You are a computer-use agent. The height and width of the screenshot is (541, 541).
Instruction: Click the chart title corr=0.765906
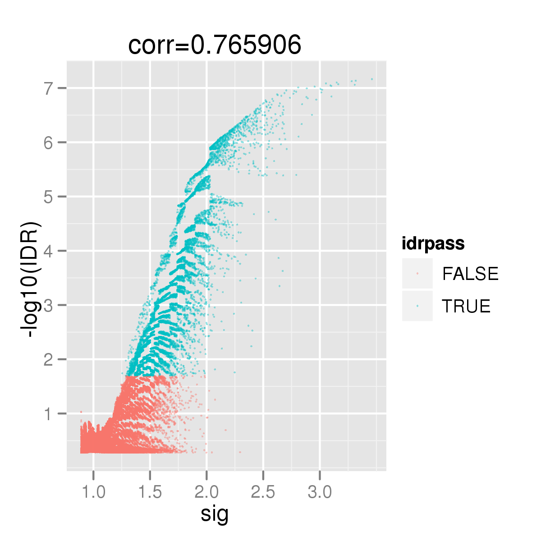click(x=215, y=45)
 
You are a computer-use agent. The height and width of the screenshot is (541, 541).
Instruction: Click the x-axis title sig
click(x=215, y=514)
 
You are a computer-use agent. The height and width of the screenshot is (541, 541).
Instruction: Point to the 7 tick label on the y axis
click(x=49, y=88)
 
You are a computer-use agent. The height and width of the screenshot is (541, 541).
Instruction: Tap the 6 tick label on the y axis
click(x=49, y=142)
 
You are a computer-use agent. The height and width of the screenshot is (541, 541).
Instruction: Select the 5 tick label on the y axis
click(x=49, y=197)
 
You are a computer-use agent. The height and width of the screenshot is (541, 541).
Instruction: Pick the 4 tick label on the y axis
click(x=49, y=251)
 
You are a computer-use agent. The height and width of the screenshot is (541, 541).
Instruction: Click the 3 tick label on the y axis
click(x=49, y=305)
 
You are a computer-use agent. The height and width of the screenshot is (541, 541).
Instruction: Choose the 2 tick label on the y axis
click(x=49, y=360)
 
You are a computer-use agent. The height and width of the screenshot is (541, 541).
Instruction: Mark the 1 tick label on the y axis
click(x=49, y=414)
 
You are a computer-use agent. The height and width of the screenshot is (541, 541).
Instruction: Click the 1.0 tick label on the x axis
click(x=94, y=492)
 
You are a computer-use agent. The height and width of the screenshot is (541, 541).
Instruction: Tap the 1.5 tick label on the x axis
click(x=150, y=492)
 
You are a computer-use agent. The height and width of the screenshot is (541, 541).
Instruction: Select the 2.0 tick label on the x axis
click(x=206, y=492)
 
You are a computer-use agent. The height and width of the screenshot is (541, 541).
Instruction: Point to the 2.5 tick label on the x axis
click(x=263, y=492)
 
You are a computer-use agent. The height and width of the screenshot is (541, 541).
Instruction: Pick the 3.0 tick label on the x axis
click(x=320, y=492)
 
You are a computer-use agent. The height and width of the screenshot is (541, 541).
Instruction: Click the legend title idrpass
click(x=433, y=244)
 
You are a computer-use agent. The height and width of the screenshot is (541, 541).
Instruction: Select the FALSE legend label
click(x=470, y=274)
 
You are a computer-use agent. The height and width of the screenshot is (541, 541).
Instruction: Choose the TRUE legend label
click(x=466, y=306)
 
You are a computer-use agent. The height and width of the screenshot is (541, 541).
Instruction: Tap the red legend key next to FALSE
click(x=417, y=274)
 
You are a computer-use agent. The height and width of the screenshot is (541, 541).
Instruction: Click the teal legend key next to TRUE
click(x=417, y=306)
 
